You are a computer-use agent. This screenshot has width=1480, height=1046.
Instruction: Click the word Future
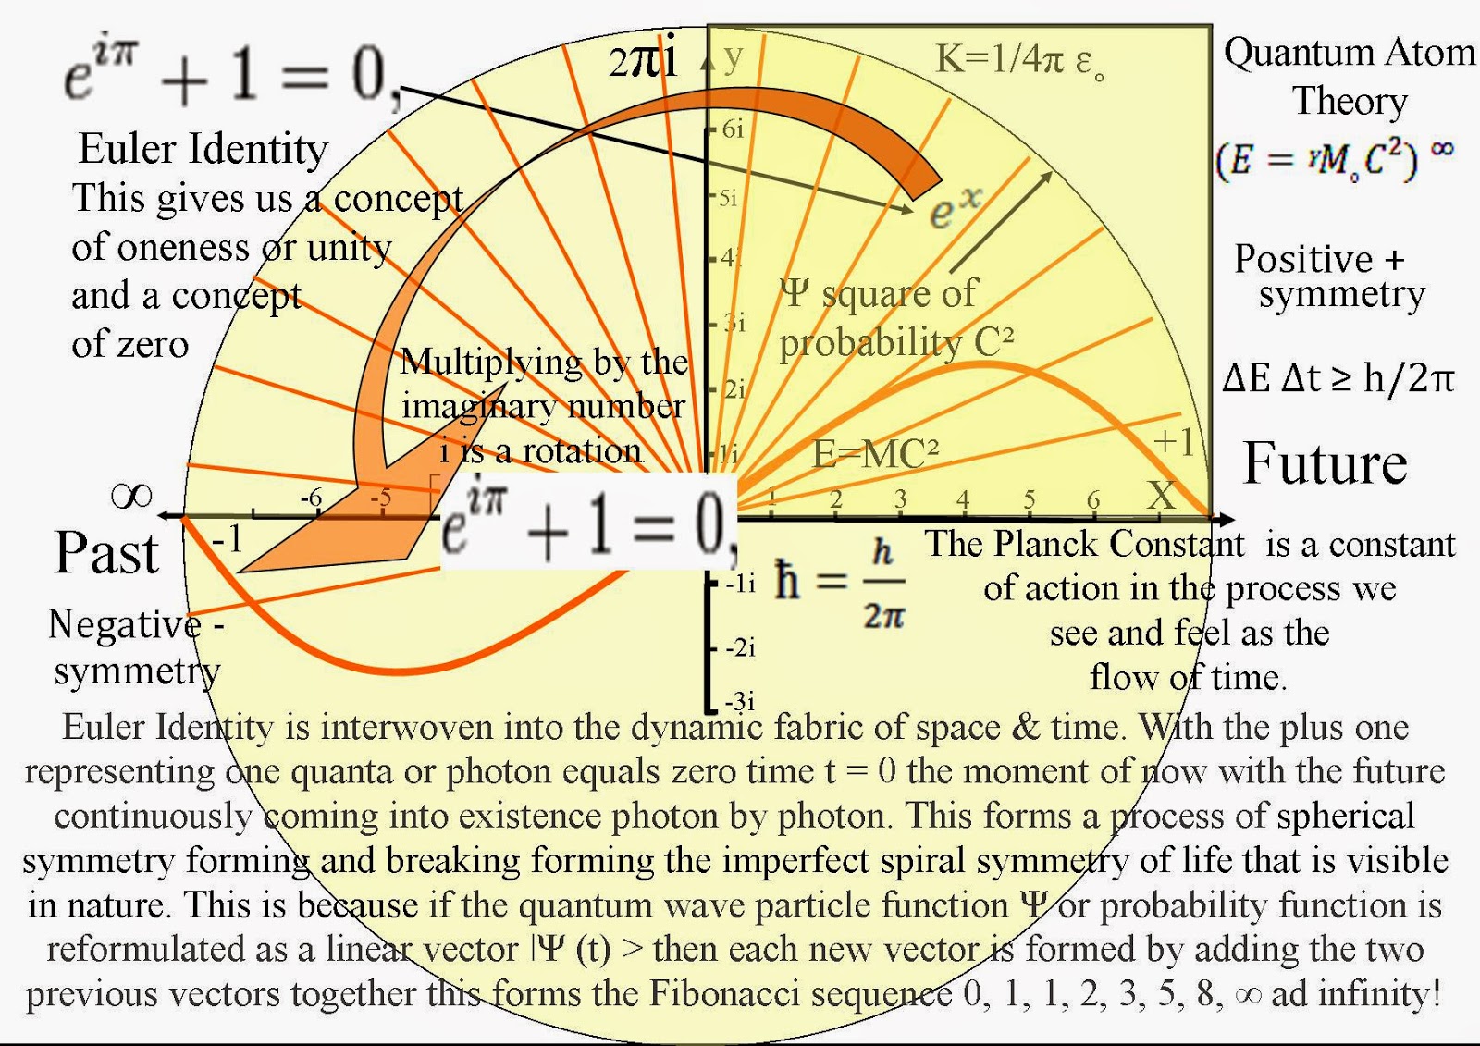click(1325, 463)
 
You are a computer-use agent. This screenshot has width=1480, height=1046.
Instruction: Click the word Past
click(107, 554)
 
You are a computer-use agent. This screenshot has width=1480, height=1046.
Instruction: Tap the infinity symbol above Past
click(131, 497)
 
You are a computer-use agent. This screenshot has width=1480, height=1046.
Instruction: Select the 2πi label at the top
click(643, 61)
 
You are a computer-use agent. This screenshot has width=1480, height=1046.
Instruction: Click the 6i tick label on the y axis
click(733, 129)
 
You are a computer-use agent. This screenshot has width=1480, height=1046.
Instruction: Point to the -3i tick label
click(740, 700)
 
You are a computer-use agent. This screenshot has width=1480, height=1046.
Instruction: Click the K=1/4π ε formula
click(1019, 61)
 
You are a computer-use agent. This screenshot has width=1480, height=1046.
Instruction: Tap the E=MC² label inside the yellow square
click(875, 454)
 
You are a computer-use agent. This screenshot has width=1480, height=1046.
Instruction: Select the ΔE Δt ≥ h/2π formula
click(1338, 378)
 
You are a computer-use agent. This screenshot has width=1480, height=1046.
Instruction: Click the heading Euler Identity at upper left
click(203, 149)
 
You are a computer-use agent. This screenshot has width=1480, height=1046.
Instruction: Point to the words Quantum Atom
click(1350, 53)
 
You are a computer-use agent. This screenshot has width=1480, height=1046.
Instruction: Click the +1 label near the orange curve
click(1174, 442)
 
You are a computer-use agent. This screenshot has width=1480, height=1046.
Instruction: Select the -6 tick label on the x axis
click(311, 498)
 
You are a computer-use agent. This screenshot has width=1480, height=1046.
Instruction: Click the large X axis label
click(1161, 496)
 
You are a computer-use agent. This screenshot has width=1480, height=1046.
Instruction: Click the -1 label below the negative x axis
click(227, 538)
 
